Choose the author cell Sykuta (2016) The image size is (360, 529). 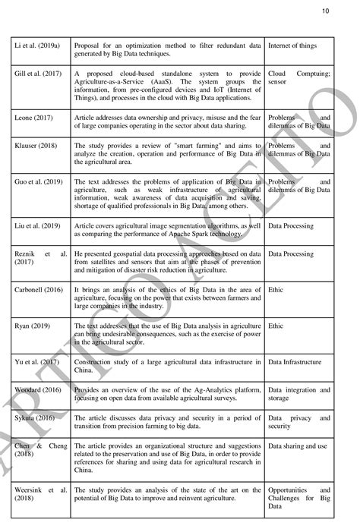point(36,418)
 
